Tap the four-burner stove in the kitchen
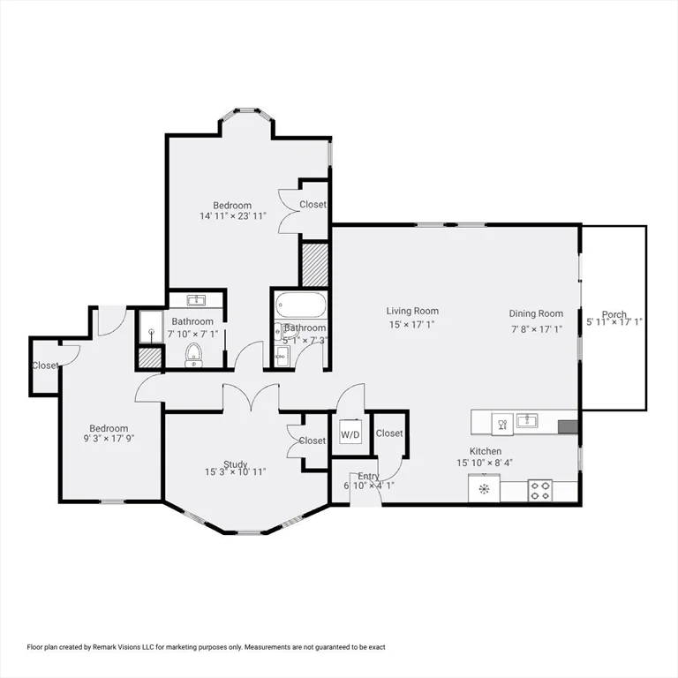coord(539,489)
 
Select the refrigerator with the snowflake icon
coord(484,488)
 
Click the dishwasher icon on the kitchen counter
coord(502,423)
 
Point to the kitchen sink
coord(528,420)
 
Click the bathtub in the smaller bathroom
coord(301,305)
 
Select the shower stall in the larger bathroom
coord(152,328)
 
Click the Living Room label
coord(412,311)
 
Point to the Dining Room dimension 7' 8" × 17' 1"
coord(536,328)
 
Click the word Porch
coord(614,314)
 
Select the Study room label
coord(235,464)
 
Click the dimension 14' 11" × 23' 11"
coord(233,215)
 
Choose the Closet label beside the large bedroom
coord(313,204)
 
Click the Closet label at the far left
coord(45,365)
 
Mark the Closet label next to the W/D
coord(389,433)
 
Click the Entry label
coord(368,477)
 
